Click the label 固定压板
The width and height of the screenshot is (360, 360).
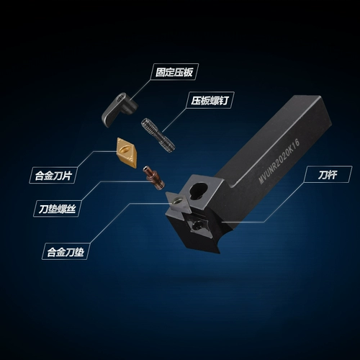click(x=174, y=72)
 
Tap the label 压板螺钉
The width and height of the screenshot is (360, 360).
click(x=210, y=100)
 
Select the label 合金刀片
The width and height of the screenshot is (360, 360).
click(x=53, y=175)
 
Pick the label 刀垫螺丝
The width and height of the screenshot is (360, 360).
click(x=57, y=209)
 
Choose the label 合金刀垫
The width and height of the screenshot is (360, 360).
click(x=66, y=252)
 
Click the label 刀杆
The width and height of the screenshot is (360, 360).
click(x=328, y=174)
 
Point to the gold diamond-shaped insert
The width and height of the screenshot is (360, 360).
click(x=127, y=153)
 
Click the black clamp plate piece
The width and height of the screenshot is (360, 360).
click(x=120, y=109)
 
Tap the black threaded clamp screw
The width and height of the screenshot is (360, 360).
click(x=158, y=135)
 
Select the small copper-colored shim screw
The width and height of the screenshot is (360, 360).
click(x=153, y=178)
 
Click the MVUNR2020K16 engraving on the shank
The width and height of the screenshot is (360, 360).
click(x=279, y=161)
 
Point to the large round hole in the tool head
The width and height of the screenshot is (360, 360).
click(x=198, y=191)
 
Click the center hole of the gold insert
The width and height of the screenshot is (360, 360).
click(x=125, y=150)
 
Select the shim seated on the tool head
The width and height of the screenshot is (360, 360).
click(x=179, y=203)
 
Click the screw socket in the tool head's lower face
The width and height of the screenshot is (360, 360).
click(x=198, y=225)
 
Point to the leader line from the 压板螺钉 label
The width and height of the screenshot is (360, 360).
click(x=174, y=120)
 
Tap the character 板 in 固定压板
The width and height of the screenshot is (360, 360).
click(x=189, y=72)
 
